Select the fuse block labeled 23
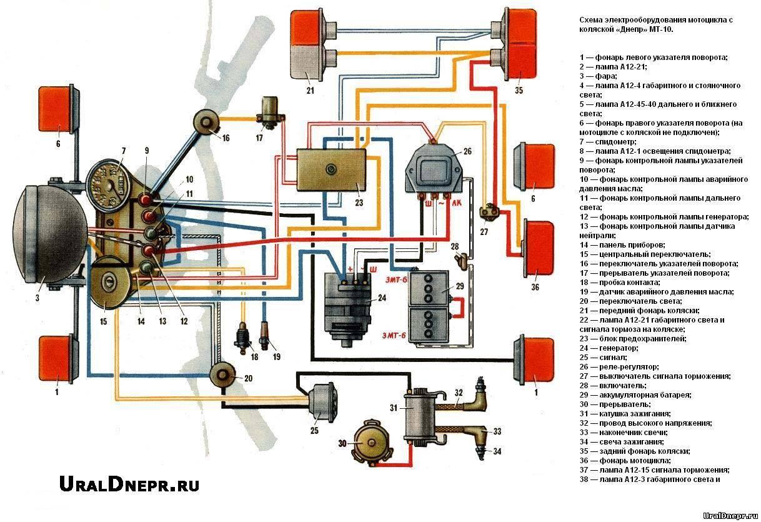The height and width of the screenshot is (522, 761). [331, 171]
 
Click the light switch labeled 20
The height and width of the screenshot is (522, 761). [226, 376]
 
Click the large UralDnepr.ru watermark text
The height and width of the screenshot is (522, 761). [129, 483]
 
